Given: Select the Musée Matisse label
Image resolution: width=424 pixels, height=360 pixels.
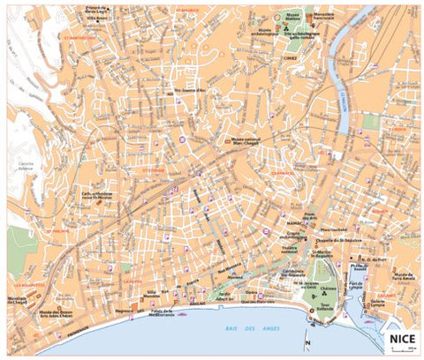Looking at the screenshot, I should click(292, 17).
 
